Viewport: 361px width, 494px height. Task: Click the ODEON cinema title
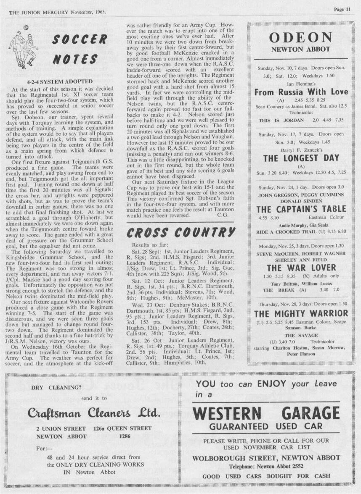tap(300, 38)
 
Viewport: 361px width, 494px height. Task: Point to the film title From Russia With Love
tap(301, 92)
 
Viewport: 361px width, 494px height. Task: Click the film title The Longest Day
tap(300, 158)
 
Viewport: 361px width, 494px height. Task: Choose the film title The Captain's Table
tap(301, 209)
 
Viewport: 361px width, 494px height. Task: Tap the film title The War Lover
tap(301, 268)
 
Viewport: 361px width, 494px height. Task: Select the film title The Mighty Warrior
tap(301, 313)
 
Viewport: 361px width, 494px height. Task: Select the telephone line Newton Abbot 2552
tap(266, 466)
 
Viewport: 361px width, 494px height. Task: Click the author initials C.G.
tap(223, 215)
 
